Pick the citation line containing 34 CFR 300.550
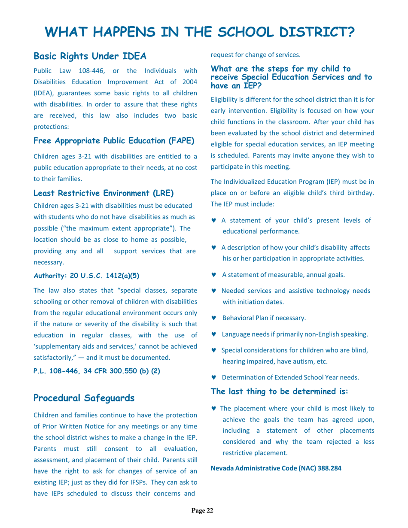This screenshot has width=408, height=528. (97, 360)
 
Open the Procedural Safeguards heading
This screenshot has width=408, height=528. (84, 398)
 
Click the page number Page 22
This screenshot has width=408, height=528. (202, 510)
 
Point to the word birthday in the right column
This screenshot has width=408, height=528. (360, 193)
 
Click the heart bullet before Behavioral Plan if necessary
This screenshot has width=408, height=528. (214, 318)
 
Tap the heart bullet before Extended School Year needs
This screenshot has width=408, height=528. (214, 377)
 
